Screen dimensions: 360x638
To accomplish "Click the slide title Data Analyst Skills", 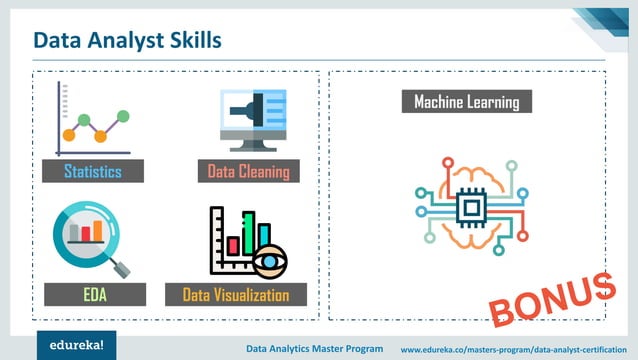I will click(127, 39).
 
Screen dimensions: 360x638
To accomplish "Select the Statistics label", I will click(93, 171).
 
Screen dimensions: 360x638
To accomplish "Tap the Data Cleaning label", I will click(248, 171).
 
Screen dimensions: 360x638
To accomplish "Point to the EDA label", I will click(95, 294).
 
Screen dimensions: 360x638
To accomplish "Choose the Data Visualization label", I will click(236, 294).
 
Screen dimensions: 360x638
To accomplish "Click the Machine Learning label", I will click(466, 102).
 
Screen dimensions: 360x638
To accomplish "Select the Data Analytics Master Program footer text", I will click(314, 349).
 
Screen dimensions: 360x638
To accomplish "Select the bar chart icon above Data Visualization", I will click(246, 240).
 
